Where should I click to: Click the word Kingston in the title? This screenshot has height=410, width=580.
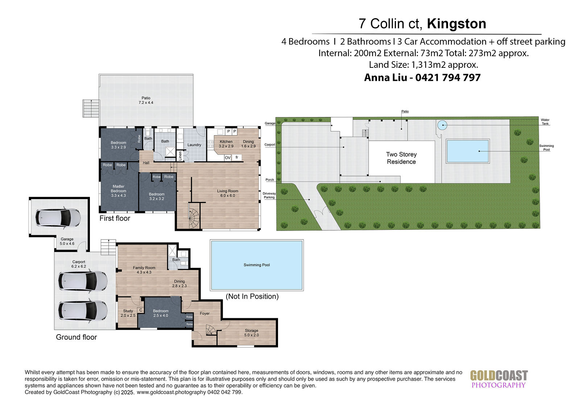click(x=456, y=24)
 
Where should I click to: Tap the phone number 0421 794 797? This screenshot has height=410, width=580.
click(x=448, y=78)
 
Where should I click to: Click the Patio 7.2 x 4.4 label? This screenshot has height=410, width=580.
click(x=146, y=100)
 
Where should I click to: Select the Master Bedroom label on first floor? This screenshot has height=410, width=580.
click(x=119, y=191)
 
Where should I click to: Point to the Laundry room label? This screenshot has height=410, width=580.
click(x=194, y=145)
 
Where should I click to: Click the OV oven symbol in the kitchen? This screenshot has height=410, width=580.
click(x=228, y=157)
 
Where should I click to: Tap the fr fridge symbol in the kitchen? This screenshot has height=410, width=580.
click(x=237, y=157)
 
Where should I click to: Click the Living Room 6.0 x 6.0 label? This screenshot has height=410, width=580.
click(x=228, y=193)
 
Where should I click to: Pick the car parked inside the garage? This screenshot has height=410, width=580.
click(x=58, y=218)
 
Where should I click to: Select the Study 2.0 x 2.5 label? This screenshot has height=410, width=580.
click(x=128, y=313)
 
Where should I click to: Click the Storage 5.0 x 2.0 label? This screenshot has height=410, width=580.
click(x=252, y=332)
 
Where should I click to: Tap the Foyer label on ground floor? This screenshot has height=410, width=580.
click(x=204, y=314)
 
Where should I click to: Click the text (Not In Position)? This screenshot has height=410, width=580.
click(x=252, y=296)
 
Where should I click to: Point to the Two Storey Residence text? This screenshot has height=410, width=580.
click(x=401, y=158)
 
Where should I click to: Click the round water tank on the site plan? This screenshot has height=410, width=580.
click(x=442, y=125)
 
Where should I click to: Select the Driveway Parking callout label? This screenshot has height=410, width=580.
click(x=269, y=195)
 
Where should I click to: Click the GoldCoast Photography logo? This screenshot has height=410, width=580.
click(x=499, y=379)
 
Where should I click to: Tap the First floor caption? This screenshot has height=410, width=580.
click(x=115, y=218)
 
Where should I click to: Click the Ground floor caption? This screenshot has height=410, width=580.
click(x=76, y=337)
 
